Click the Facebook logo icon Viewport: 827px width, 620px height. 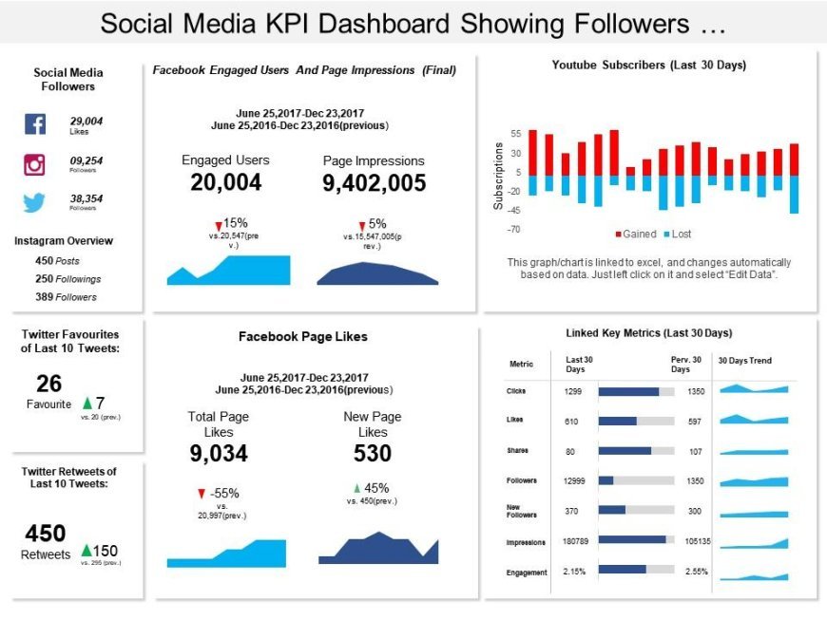pyautogui.click(x=34, y=124)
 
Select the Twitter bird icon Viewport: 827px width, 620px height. pyautogui.click(x=34, y=202)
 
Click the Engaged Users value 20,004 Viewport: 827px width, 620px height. pyautogui.click(x=225, y=183)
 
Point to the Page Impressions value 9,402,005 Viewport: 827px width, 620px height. pyautogui.click(x=374, y=183)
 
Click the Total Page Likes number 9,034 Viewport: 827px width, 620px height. pyautogui.click(x=219, y=454)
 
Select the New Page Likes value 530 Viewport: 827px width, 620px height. pyautogui.click(x=373, y=454)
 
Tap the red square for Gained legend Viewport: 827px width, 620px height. pyautogui.click(x=618, y=233)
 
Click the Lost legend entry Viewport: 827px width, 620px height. pyautogui.click(x=676, y=233)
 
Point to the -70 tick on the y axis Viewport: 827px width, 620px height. pyautogui.click(x=514, y=229)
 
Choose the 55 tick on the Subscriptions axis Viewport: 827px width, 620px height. pyautogui.click(x=516, y=134)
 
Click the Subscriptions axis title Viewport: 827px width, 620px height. pyautogui.click(x=498, y=176)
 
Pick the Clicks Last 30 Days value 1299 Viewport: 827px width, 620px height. pyautogui.click(x=573, y=391)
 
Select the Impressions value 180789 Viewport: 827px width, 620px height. pyautogui.click(x=577, y=542)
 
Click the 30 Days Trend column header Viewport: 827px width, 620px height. pyautogui.click(x=745, y=361)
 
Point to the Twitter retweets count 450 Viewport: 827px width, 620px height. pyautogui.click(x=45, y=534)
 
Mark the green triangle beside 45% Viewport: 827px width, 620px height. pyautogui.click(x=356, y=488)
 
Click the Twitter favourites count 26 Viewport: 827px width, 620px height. pyautogui.click(x=49, y=384)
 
